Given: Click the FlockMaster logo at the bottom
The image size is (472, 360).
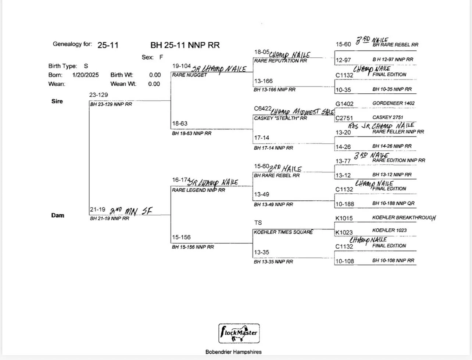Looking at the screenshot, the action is point(239,334).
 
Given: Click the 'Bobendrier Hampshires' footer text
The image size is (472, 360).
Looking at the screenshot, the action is point(233,352).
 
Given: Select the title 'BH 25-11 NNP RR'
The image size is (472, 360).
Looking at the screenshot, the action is point(185,45).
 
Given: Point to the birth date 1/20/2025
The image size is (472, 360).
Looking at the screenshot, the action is point(86,75).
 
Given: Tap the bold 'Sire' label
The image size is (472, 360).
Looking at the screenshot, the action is point(57,101).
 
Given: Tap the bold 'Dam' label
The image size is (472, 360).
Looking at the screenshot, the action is point(58,215).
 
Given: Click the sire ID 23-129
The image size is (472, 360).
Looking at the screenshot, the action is point(99,95).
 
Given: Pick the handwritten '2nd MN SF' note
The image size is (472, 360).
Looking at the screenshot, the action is point(131,211).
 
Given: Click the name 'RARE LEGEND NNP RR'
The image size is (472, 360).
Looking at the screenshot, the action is point(199,190).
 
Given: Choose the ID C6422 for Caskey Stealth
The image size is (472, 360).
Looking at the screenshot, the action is point(262,109).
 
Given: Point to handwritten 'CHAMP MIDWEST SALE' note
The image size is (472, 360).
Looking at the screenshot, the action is point(303,112).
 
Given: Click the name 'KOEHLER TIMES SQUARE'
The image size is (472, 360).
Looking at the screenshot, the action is point(283,232).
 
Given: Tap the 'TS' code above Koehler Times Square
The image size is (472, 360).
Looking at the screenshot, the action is point(258,223).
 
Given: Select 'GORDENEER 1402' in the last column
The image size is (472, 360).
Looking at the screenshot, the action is point(393,103).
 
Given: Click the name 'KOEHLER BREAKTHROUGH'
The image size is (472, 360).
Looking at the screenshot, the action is point(404,218).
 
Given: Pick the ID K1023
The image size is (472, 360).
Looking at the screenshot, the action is point(344,232).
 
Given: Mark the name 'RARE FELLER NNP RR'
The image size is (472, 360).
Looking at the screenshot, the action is point(398,132).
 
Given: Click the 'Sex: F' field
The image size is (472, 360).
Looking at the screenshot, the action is point(152,57).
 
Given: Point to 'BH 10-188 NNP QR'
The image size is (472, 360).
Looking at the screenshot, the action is point(393,203).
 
